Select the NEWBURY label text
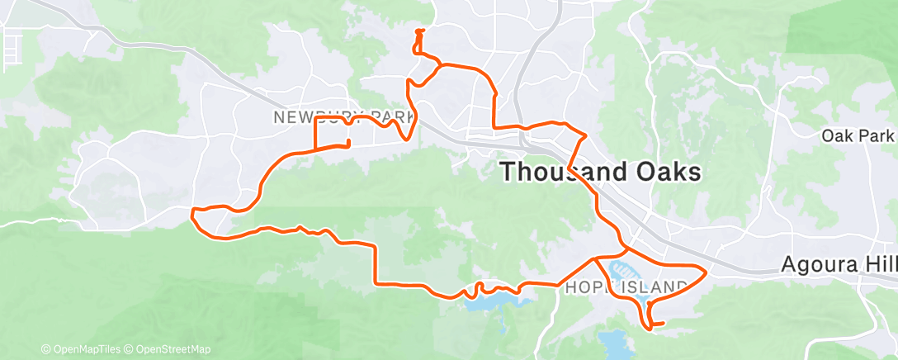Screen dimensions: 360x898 pos(308,118)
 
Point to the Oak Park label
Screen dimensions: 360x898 pos(858,135)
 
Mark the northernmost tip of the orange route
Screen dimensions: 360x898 pos(419,31)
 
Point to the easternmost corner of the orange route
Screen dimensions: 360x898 pos(707,271)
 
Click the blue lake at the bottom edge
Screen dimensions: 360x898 pos(614,342)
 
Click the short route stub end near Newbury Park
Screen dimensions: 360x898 pos(349,144)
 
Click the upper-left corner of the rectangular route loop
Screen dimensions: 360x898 pos(317,119)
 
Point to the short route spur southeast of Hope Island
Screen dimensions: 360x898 pos(660,323)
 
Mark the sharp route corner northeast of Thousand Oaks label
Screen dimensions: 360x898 pos(586,135)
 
